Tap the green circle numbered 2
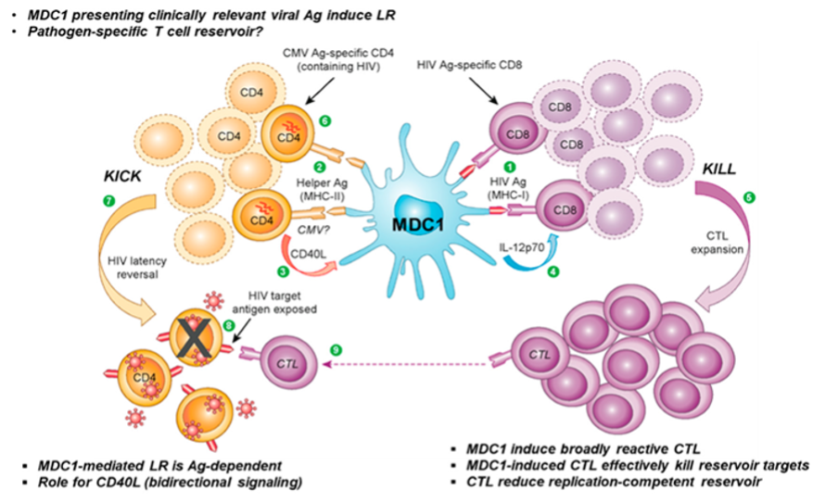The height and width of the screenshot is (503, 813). [x=319, y=167]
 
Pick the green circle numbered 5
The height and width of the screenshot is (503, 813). [x=749, y=196]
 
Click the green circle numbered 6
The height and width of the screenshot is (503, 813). [x=324, y=121]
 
